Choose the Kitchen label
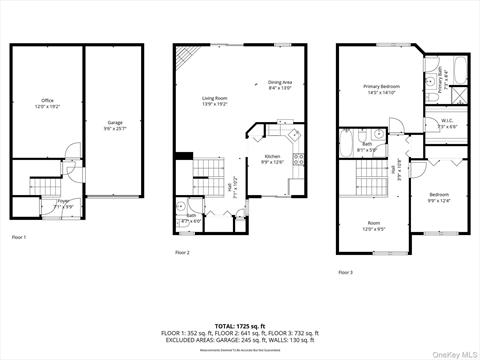pos(273,158)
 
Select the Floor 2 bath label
pos(191,217)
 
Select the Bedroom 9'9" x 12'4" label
pos(439,197)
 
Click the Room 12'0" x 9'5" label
pos(374,225)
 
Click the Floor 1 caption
pos(19,237)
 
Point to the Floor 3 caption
pos(345,272)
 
